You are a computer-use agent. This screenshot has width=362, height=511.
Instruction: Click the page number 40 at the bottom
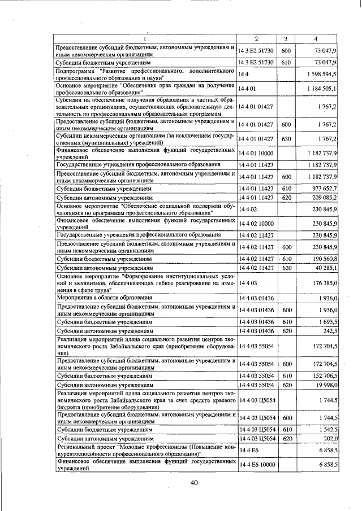pos(195,482)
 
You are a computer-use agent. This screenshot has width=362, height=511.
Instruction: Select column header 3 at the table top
pos(286,38)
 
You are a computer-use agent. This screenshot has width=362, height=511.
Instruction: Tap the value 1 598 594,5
pos(322,74)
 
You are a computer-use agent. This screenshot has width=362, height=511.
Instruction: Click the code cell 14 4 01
pos(248,89)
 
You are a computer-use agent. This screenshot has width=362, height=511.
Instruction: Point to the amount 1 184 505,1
pos(322,89)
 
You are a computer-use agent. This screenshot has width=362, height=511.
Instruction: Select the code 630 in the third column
pos(286,139)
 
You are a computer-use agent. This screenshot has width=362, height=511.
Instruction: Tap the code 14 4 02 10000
pos(256,224)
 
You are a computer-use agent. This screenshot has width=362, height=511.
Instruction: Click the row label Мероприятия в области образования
pos(104,297)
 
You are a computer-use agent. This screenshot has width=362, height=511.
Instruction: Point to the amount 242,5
pos(330,331)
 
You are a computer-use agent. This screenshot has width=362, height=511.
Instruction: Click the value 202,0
pos(330,438)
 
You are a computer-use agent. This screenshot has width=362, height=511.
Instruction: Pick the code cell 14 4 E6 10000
pos(256,464)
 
